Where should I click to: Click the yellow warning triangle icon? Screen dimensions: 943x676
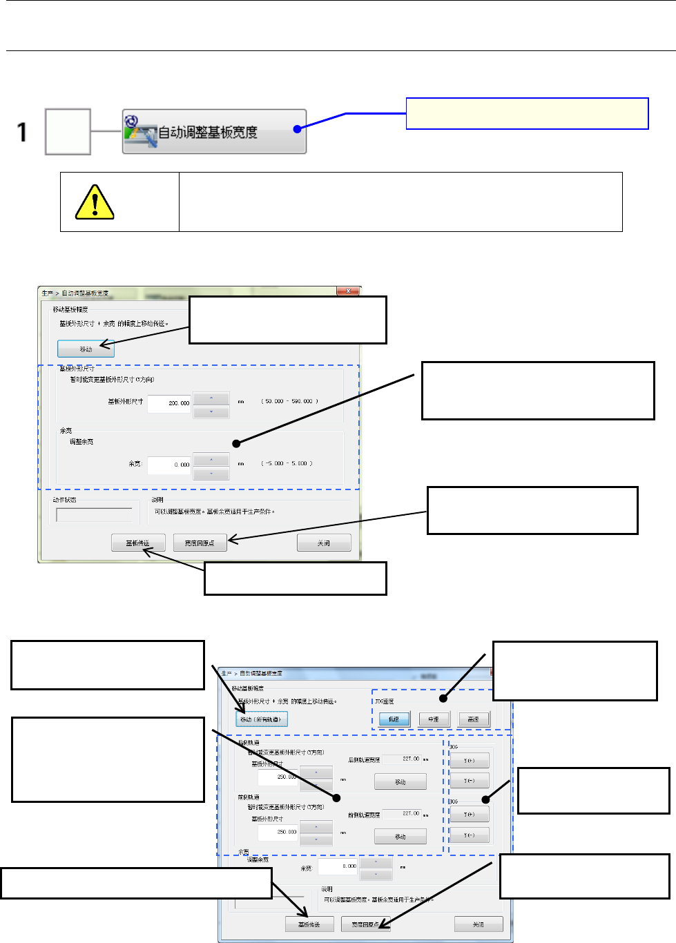tap(94, 202)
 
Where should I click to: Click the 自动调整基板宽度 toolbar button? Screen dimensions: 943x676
tap(214, 131)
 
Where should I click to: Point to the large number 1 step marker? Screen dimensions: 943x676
tap(22, 132)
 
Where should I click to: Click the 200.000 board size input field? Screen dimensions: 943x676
tap(169, 402)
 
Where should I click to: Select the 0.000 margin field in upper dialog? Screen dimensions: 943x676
tap(169, 465)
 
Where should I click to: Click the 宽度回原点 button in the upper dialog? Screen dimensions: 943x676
tap(200, 543)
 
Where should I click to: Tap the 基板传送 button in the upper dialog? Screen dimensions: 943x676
tap(138, 543)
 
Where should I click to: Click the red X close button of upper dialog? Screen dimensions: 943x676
tap(348, 291)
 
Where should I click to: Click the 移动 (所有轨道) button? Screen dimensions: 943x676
tap(260, 719)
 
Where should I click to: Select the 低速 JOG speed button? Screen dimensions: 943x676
tap(394, 719)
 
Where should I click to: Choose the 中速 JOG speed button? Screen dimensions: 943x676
tap(434, 719)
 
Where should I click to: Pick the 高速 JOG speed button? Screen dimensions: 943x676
tap(473, 719)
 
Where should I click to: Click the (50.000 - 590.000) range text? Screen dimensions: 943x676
tap(289, 401)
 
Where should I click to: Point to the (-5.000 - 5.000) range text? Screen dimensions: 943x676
tap(287, 463)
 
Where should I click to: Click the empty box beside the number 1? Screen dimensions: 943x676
tap(68, 132)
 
